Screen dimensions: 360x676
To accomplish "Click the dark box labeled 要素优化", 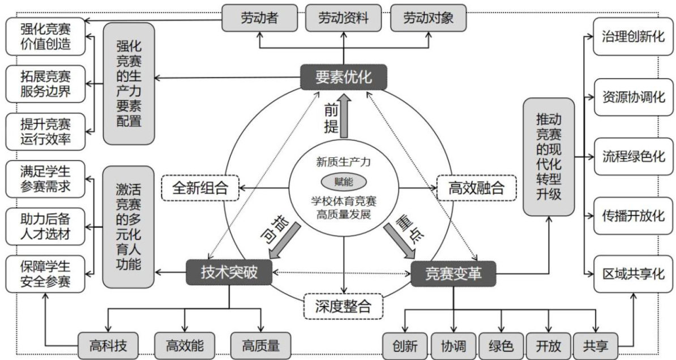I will coord(343,76).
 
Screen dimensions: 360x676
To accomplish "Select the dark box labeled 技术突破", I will coord(229,273).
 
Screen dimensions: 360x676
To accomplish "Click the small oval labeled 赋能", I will coord(343,182).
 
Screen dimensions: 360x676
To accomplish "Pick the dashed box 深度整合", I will coord(343,306).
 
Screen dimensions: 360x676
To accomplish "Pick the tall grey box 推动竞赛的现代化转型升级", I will coord(548,157).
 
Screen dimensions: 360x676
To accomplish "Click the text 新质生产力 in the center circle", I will coord(343,162).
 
